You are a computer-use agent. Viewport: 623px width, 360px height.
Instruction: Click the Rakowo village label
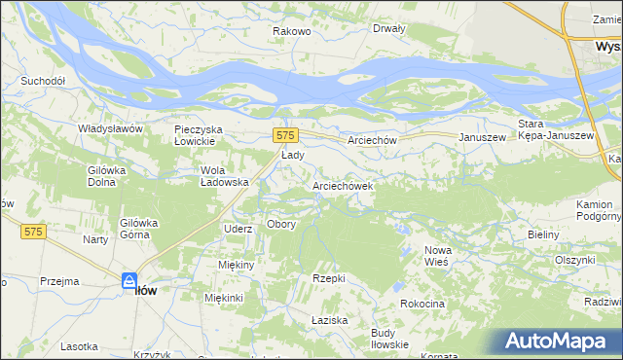point(291,31)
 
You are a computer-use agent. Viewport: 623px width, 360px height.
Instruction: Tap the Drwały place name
point(388,28)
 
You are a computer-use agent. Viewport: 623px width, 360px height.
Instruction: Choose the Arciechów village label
point(373,140)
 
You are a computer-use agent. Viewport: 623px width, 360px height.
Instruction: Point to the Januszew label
point(484,138)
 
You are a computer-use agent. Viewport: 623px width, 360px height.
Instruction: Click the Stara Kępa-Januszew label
point(556,129)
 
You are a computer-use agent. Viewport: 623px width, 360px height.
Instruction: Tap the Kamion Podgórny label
point(594,211)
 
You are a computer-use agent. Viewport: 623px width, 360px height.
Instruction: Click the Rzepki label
point(329,278)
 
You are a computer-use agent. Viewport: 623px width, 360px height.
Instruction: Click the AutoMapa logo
point(558,342)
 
